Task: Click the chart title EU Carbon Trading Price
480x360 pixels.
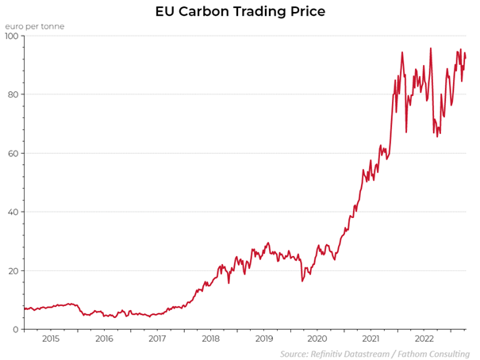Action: coord(240,12)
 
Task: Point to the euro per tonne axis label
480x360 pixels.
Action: coord(35,26)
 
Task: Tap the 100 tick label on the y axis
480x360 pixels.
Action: coord(12,36)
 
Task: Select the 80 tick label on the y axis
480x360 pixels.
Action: coord(13,95)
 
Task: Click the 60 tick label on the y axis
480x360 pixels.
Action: coord(13,154)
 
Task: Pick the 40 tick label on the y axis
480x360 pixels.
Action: coord(13,213)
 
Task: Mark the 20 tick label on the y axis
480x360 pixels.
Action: coord(13,271)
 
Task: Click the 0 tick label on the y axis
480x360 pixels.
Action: coord(17,330)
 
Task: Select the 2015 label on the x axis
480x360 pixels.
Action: coord(51,339)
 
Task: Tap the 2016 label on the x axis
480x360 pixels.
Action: coord(104,339)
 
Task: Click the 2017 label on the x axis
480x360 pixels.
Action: coord(157,339)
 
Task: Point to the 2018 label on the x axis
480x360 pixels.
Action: coord(210,339)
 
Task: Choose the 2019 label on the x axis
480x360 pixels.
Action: coord(263,339)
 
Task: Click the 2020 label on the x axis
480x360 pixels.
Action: coord(317,339)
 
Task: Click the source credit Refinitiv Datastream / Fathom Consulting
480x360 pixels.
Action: coord(374,353)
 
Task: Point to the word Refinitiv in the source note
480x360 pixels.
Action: coord(329,353)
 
